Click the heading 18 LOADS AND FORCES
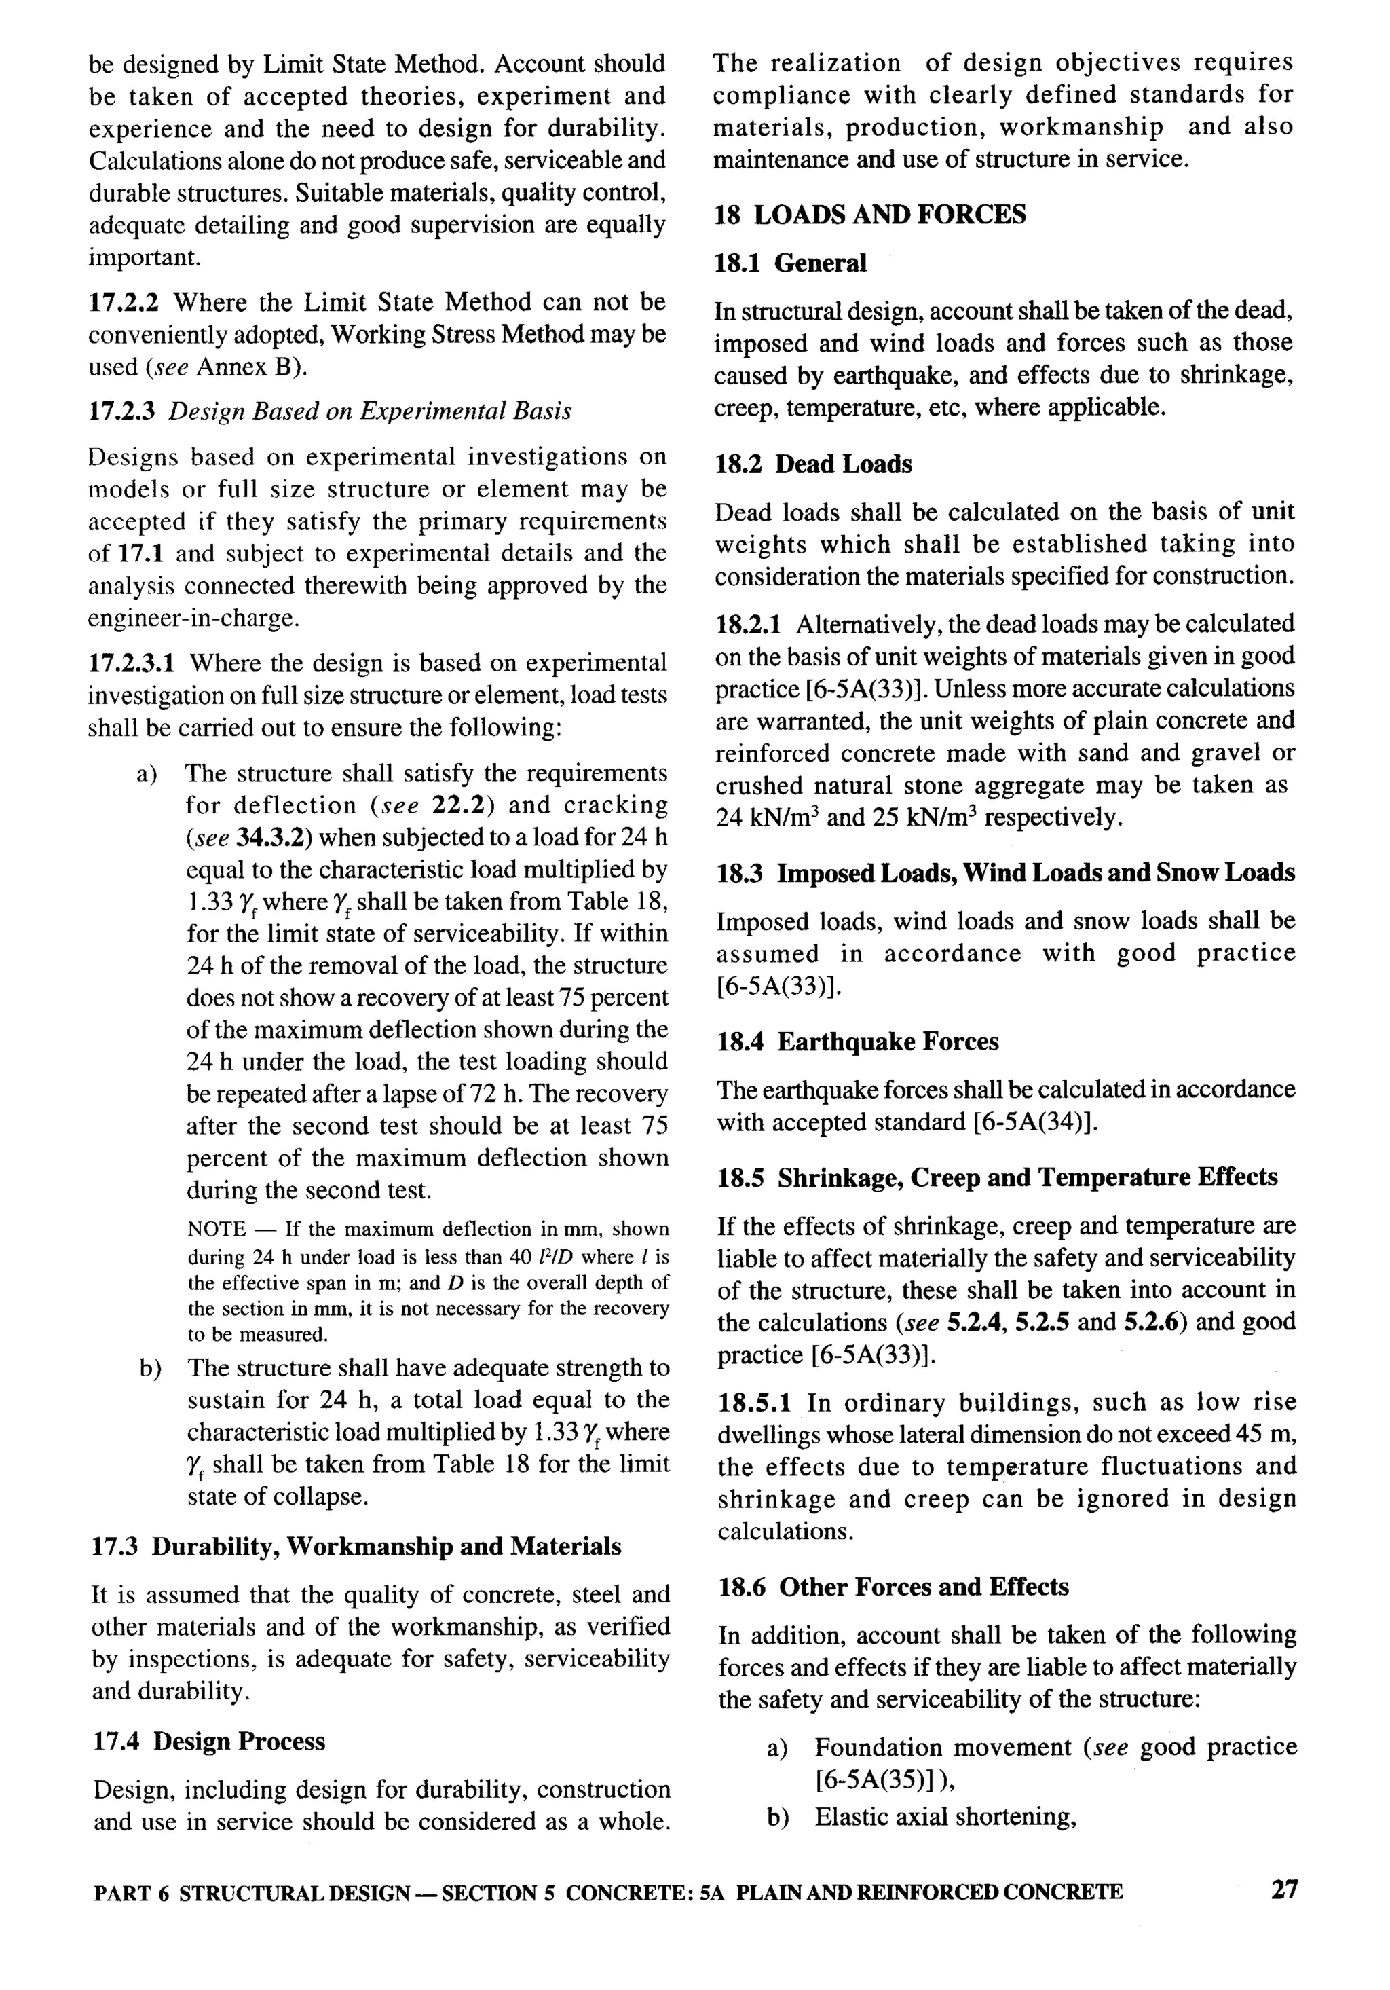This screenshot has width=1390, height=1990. click(x=869, y=215)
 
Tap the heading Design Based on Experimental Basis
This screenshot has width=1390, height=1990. click(x=370, y=411)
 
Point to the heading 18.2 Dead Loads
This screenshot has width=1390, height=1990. click(x=813, y=464)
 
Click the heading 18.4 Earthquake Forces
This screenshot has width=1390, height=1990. click(x=857, y=1041)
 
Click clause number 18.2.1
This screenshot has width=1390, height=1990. click(x=749, y=625)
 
